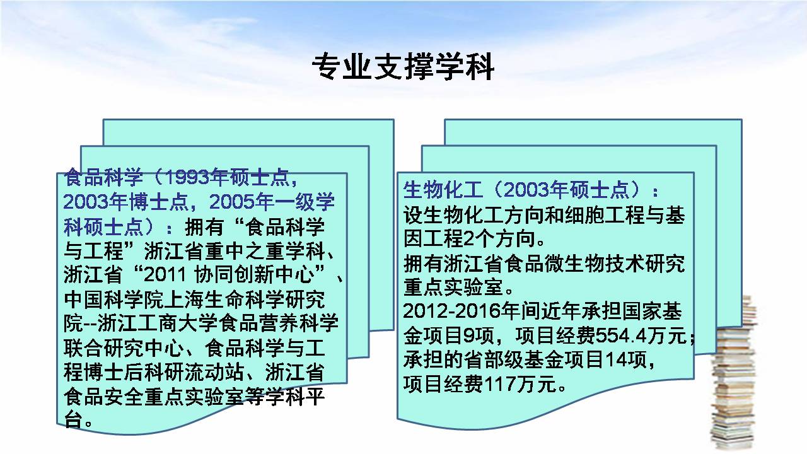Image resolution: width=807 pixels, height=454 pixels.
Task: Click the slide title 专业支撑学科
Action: point(403,67)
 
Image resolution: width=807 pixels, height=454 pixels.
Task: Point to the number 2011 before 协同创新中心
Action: point(165,274)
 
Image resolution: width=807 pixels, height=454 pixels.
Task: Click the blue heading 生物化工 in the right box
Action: point(443,190)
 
